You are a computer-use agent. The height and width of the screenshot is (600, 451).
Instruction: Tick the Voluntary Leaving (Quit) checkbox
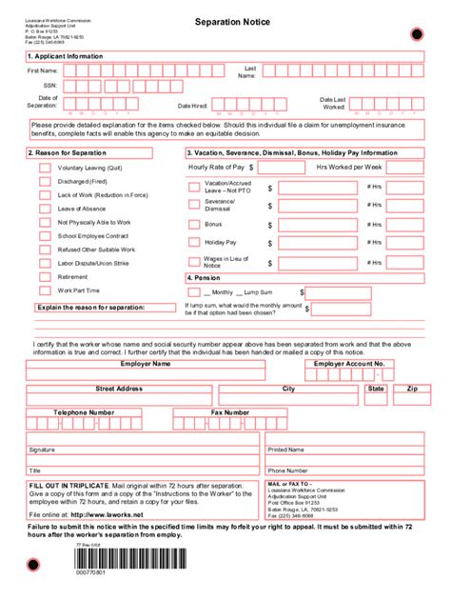click(x=45, y=168)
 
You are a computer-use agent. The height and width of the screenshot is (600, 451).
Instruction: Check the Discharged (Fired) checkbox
click(x=45, y=181)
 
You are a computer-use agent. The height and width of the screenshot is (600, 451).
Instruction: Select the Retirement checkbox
click(x=45, y=276)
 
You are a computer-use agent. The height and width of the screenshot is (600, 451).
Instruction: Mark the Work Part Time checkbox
click(x=45, y=290)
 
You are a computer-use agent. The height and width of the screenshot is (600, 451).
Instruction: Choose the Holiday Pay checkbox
click(x=194, y=241)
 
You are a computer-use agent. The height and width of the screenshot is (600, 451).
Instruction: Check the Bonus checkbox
click(x=194, y=223)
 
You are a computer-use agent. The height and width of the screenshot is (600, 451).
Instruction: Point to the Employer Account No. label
click(x=349, y=363)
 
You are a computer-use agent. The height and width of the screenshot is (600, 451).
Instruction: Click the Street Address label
click(x=119, y=389)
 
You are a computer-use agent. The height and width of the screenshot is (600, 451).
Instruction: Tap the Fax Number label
click(x=230, y=412)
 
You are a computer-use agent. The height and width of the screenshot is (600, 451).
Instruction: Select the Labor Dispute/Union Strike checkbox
click(x=45, y=263)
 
